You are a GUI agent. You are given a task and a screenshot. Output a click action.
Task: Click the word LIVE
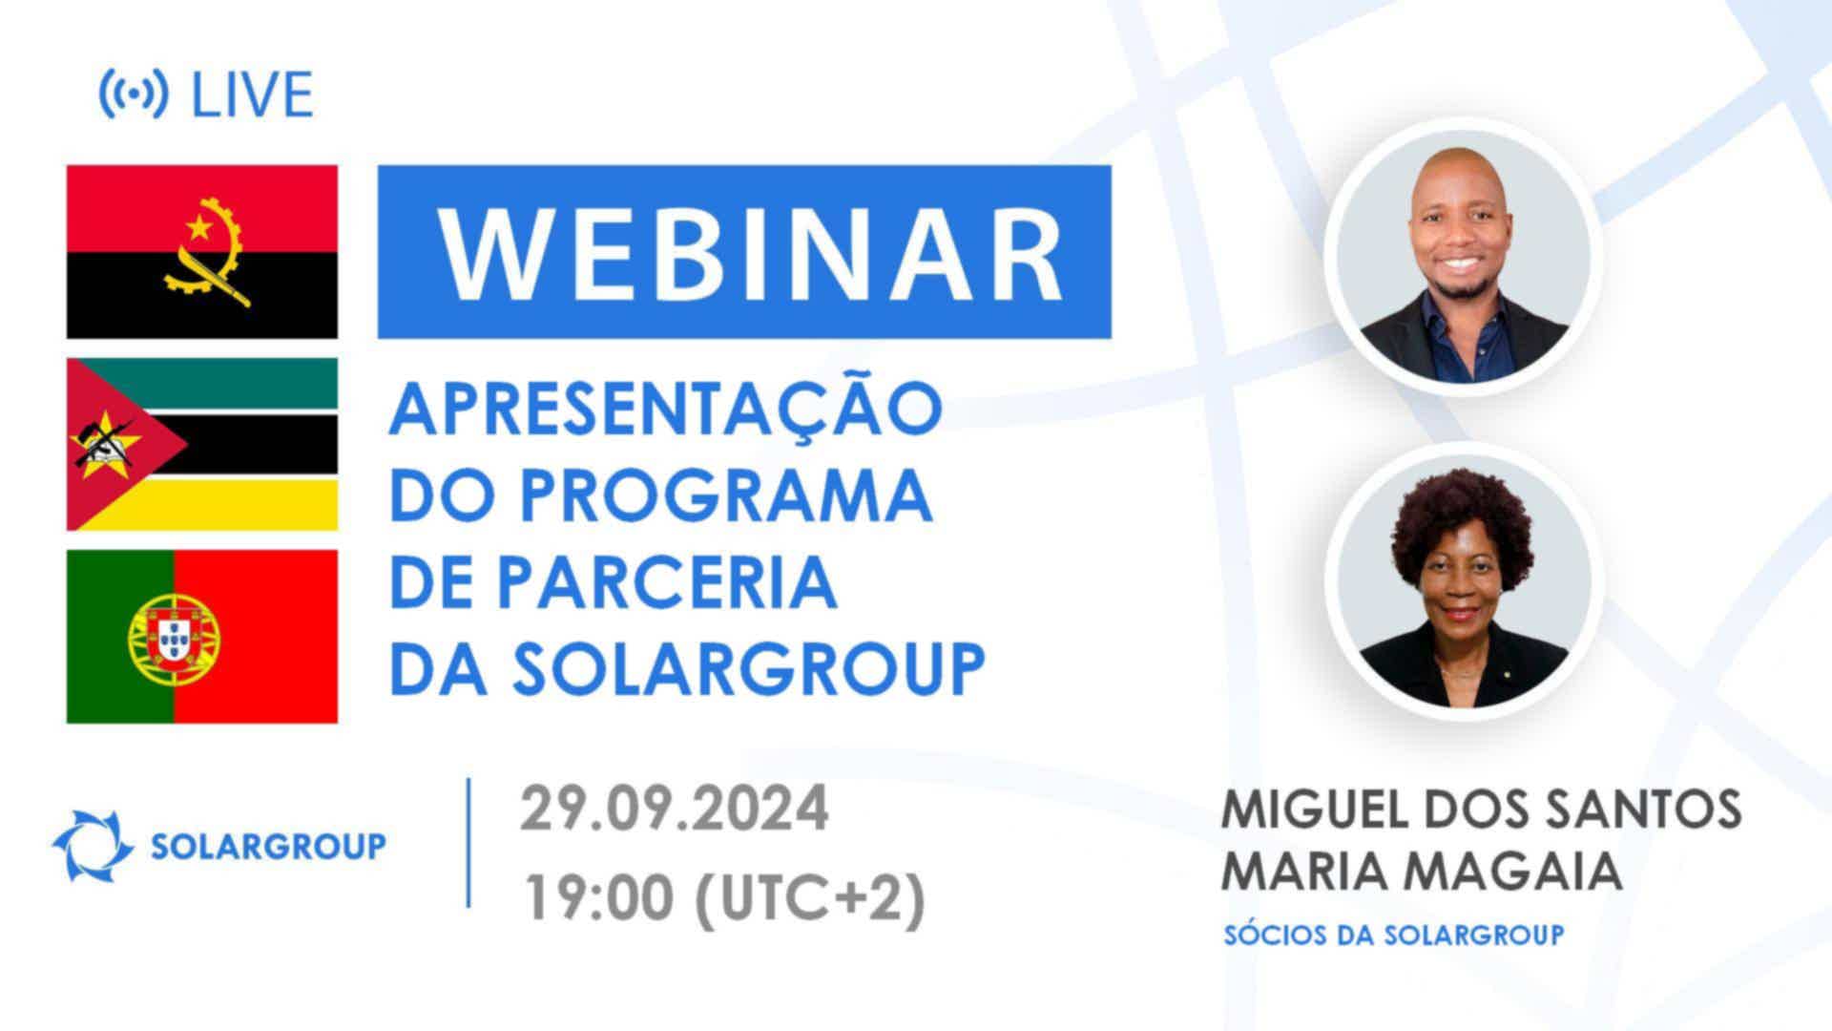[252, 95]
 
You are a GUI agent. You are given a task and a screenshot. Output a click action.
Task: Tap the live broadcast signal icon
[134, 94]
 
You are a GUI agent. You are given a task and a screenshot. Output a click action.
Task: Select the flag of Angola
[202, 252]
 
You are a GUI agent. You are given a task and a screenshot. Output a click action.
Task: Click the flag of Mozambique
[202, 444]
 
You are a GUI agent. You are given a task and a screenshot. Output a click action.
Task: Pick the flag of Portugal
[202, 636]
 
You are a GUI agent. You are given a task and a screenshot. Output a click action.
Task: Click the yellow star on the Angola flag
[198, 227]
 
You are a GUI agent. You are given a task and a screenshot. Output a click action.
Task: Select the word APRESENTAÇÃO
[665, 408]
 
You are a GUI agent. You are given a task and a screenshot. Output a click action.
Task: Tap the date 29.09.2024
[675, 810]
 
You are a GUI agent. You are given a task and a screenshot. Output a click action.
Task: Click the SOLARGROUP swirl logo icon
[93, 846]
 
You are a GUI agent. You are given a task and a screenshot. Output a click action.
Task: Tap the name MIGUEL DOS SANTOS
[1482, 810]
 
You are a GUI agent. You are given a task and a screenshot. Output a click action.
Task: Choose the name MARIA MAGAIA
[1422, 870]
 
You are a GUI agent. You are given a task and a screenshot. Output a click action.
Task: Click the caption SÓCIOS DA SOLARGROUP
[1394, 934]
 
